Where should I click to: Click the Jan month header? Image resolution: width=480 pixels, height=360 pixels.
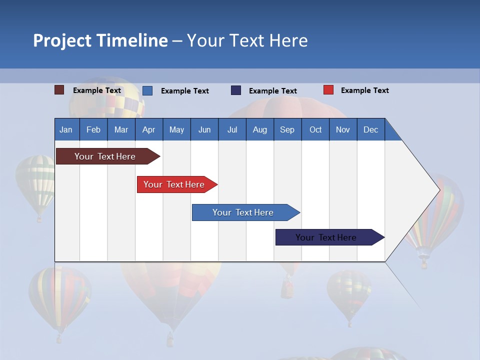66,129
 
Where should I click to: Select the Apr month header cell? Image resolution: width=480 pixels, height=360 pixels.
149,129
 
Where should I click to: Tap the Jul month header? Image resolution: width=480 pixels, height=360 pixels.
232,129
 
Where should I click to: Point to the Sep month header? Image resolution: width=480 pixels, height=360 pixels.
287,129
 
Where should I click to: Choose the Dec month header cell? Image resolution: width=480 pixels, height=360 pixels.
370,129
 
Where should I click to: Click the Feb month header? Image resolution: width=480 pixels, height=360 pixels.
93,129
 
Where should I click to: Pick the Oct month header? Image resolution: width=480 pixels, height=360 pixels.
315,129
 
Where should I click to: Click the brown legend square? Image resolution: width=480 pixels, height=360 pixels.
59,90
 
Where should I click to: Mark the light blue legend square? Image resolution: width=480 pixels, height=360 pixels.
147,90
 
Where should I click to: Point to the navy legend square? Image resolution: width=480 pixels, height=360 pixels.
236,90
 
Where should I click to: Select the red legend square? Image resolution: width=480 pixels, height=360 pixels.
328,90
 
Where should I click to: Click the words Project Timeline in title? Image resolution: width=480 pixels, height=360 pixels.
100,40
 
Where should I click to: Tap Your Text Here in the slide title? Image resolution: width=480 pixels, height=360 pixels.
247,40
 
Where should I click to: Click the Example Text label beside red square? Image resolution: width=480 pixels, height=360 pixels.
364,90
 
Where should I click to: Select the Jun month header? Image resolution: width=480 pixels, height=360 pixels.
204,129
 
